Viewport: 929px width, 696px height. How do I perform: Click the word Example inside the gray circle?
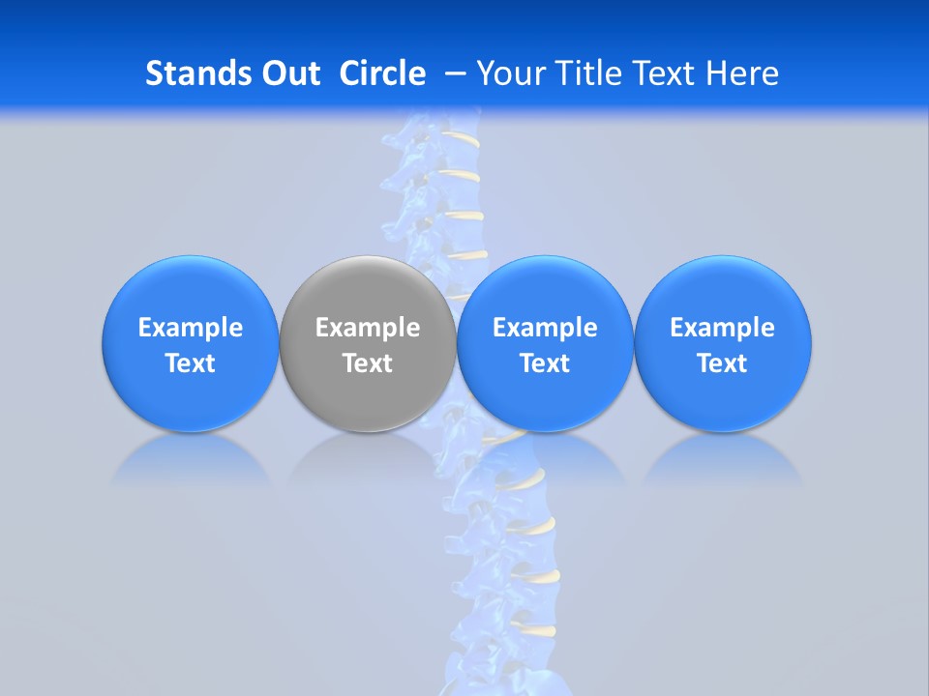pos(368,328)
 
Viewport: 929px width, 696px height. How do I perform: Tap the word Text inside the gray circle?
pos(368,363)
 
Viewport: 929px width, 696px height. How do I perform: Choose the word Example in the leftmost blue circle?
pos(191,328)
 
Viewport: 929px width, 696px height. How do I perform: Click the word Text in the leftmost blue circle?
pos(191,363)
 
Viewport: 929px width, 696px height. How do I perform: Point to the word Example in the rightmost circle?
pos(723,328)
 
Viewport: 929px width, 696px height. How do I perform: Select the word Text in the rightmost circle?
pos(723,363)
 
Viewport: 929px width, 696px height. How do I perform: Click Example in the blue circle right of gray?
pos(545,328)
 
